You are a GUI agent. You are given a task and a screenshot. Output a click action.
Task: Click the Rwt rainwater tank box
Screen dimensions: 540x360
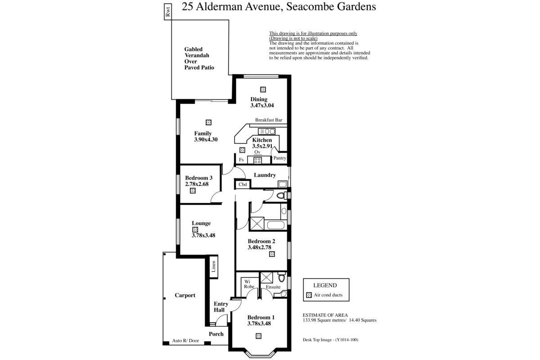(x=168, y=12)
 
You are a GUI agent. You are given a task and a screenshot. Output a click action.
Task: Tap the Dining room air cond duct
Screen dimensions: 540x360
(x=263, y=90)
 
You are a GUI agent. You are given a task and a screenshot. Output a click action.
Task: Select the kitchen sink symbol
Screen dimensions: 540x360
(x=266, y=131)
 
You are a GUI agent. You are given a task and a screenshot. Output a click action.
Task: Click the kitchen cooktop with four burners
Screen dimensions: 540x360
(x=257, y=160)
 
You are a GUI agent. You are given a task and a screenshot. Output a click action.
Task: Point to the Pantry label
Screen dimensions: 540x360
(x=279, y=158)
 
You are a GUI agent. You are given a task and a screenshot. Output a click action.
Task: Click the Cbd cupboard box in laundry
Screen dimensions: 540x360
(x=243, y=184)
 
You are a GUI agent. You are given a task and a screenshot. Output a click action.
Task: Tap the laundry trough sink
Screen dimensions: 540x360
(x=283, y=184)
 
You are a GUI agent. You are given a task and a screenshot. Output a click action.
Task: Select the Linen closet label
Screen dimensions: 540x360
(x=214, y=266)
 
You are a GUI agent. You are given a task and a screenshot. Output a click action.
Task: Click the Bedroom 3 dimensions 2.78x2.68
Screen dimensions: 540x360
(x=197, y=184)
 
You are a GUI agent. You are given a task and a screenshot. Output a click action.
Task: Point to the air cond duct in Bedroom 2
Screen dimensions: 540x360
(x=272, y=254)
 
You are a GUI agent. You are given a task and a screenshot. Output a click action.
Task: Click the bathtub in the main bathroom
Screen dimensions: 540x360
(x=276, y=225)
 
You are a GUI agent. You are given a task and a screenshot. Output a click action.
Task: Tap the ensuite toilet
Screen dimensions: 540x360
(x=282, y=277)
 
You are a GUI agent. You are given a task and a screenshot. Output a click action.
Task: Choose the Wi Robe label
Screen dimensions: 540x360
(x=249, y=284)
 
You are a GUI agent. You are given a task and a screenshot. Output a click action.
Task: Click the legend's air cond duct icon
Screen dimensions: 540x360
(x=309, y=295)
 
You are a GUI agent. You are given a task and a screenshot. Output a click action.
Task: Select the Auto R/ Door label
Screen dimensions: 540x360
(x=185, y=341)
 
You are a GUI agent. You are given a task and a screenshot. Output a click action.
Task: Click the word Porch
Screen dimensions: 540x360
(x=216, y=334)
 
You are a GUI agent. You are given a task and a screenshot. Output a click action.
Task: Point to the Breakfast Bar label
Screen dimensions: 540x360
(x=269, y=120)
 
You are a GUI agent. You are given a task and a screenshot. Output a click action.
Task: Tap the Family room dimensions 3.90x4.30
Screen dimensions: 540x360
(x=206, y=139)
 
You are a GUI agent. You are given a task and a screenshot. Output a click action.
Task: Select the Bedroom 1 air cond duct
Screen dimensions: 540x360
(x=258, y=336)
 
